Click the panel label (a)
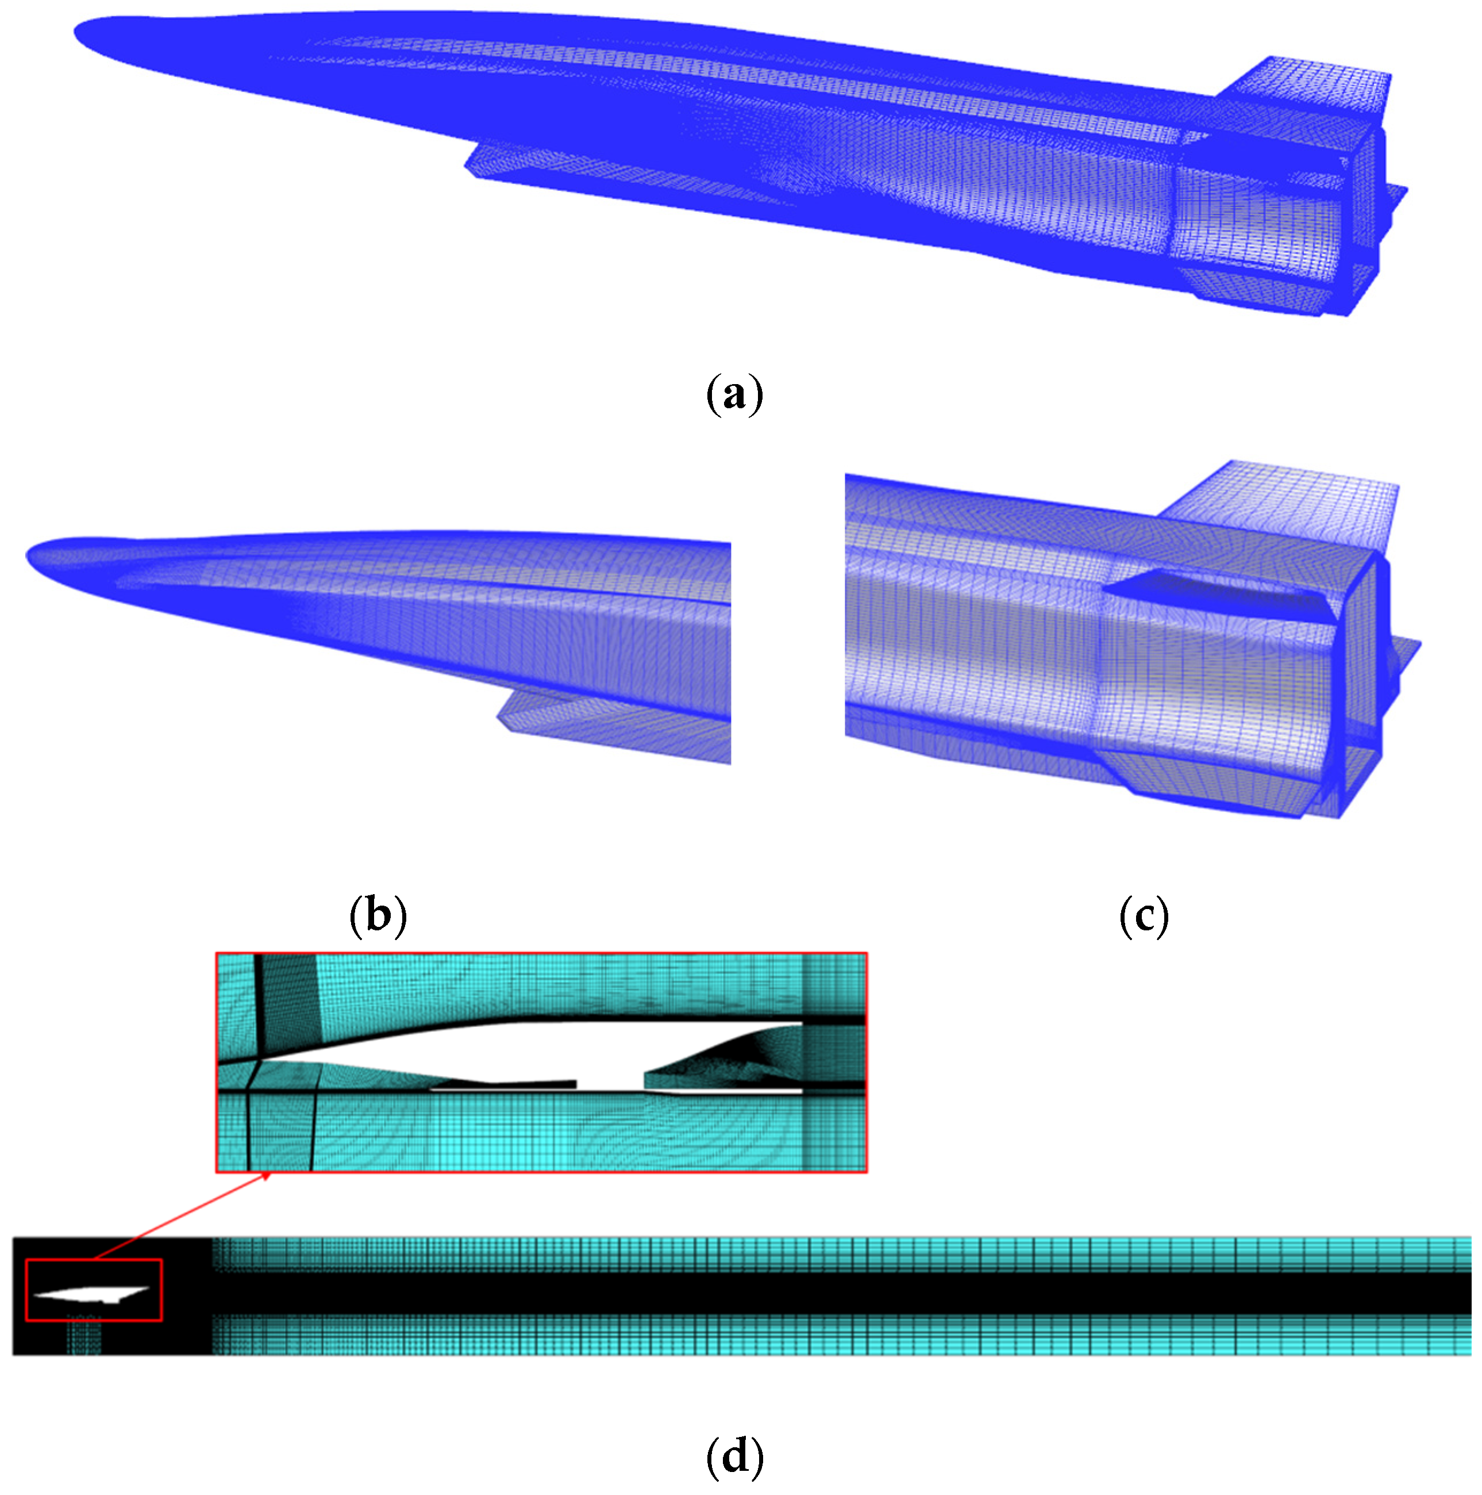coord(734,394)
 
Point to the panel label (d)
coord(734,1456)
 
